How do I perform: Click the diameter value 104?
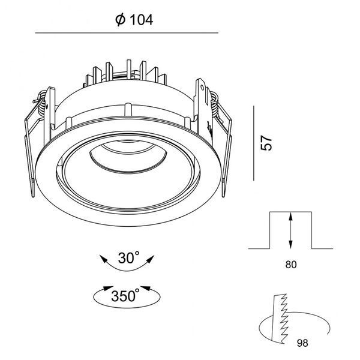pos(142,20)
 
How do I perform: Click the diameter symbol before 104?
pos(121,20)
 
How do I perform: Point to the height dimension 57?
pos(266,143)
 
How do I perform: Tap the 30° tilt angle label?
pos(129,257)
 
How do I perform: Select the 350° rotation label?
pos(125,295)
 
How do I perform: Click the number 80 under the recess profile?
pos(291,265)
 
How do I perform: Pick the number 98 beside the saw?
pos(302,343)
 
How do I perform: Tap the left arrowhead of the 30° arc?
pos(103,259)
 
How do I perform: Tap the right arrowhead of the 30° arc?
pos(150,259)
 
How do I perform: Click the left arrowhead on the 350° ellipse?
pos(108,288)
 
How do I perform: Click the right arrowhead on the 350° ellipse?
pos(145,288)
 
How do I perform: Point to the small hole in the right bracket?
pos(202,88)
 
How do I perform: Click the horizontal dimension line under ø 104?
pos(127,33)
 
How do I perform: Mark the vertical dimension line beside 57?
pos(254,143)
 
